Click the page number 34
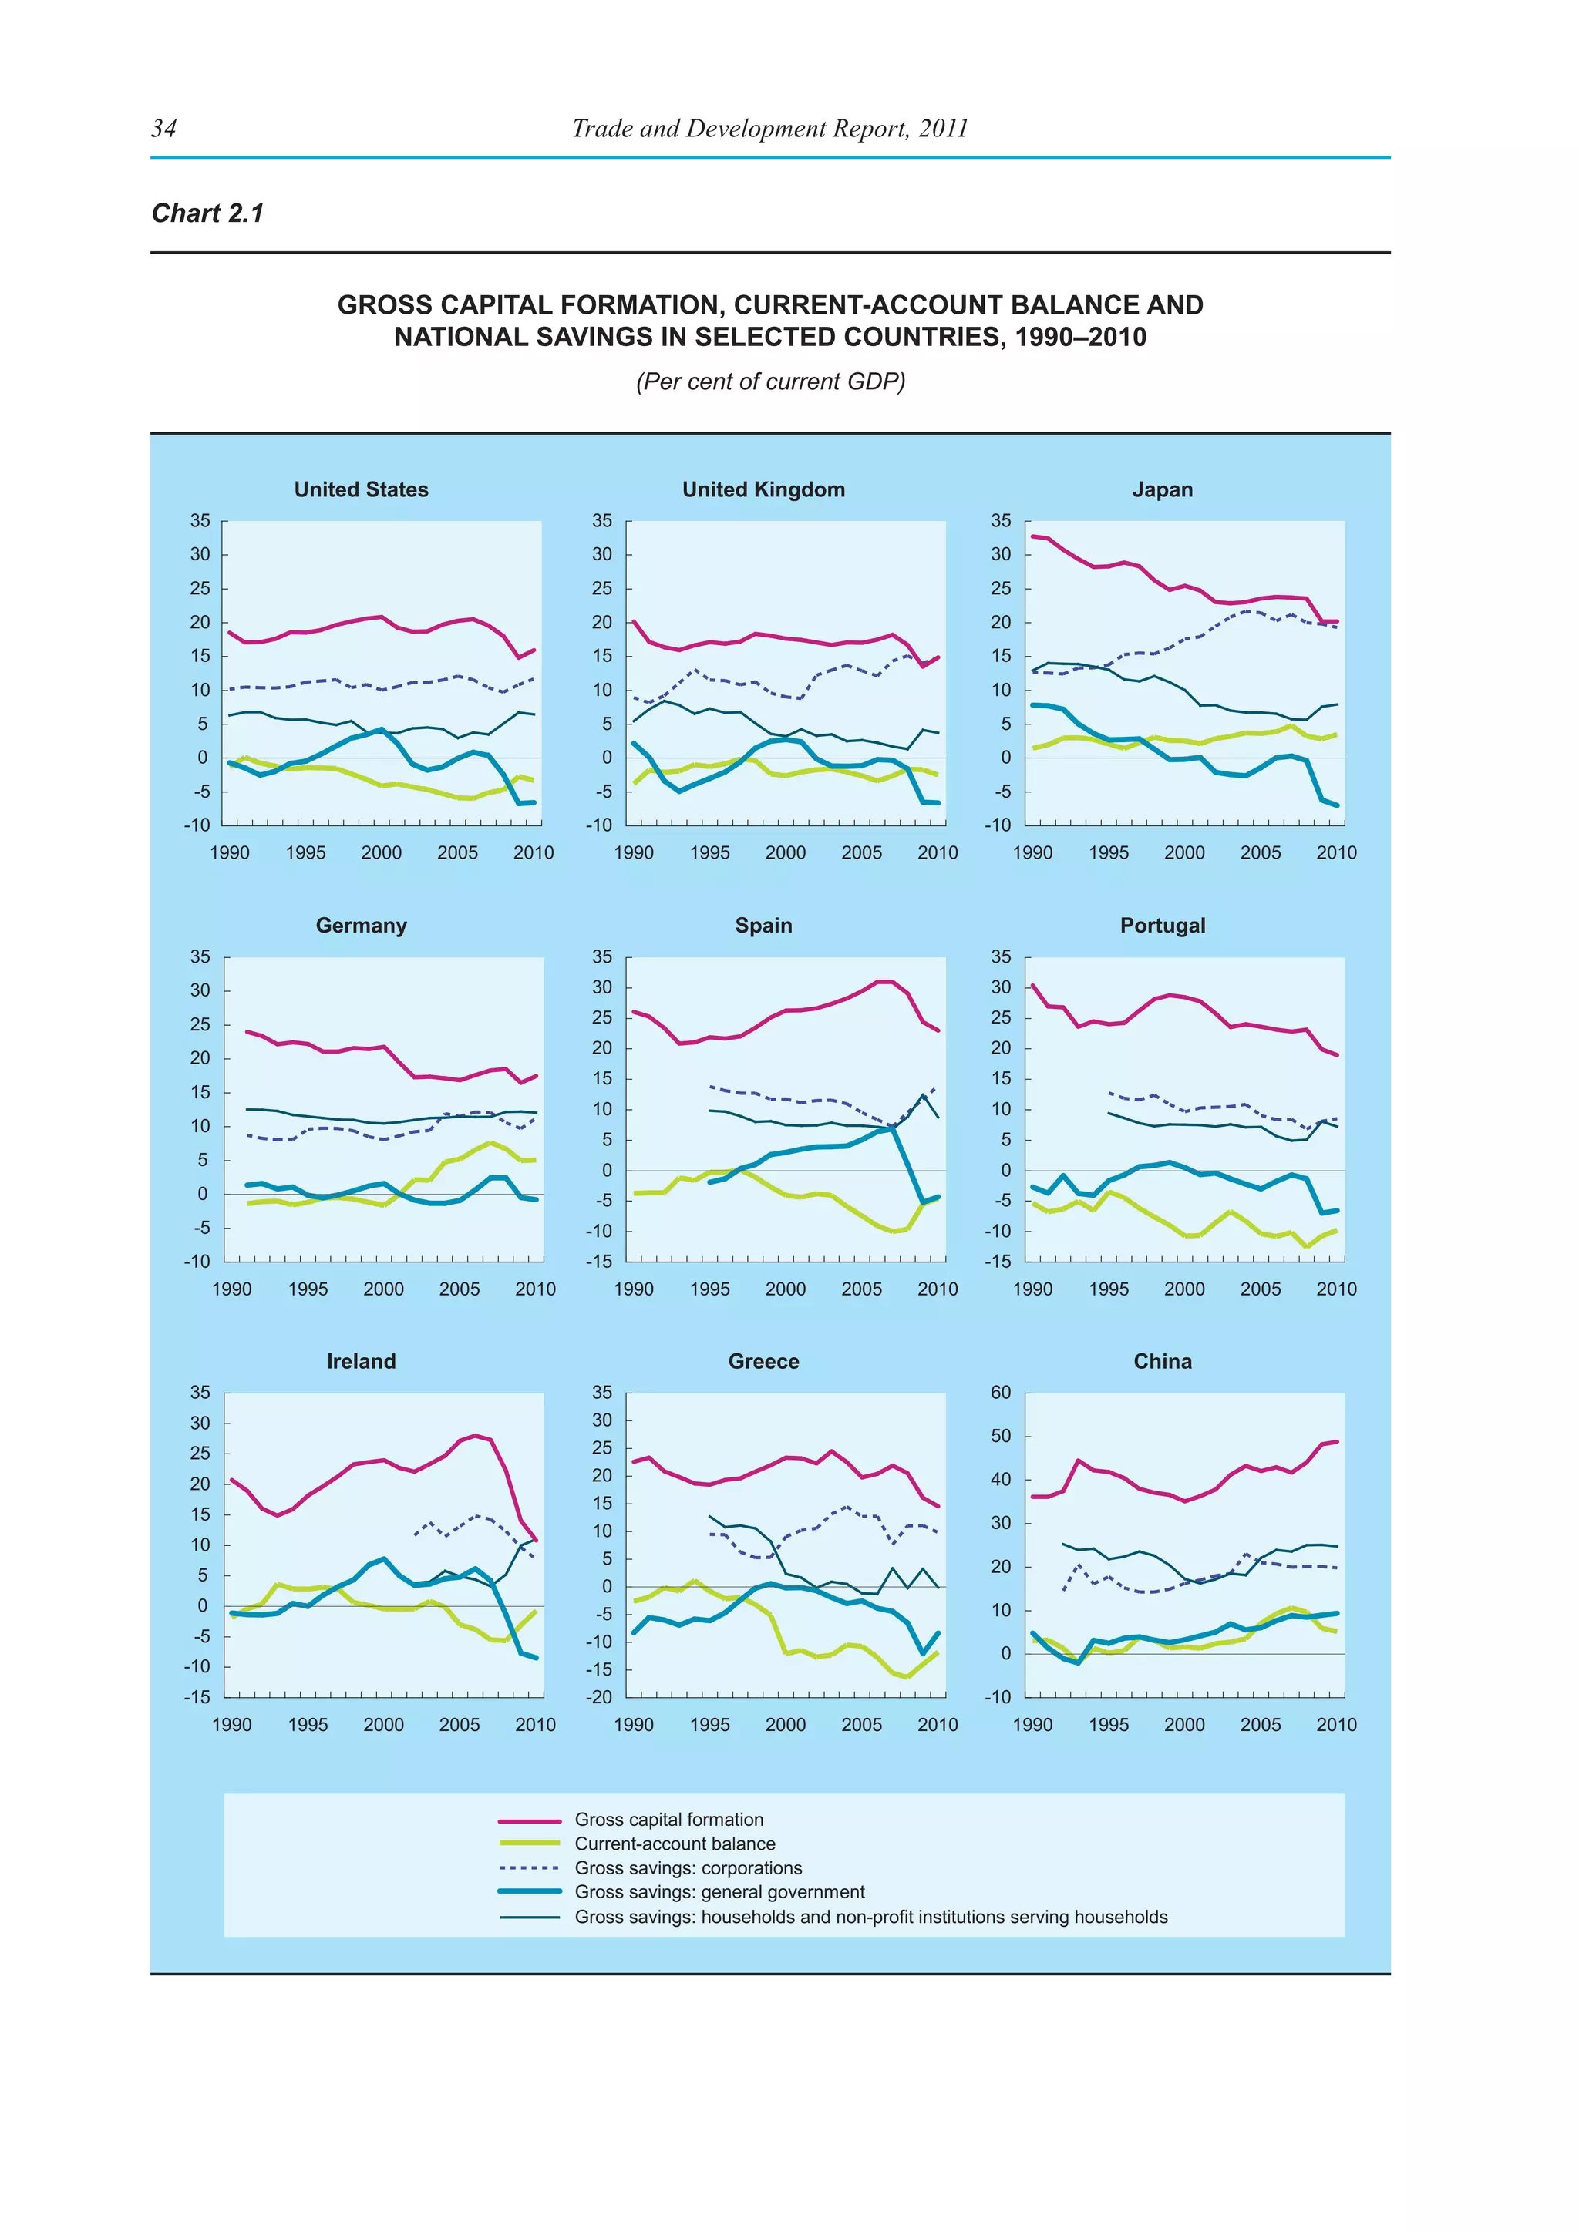(x=163, y=128)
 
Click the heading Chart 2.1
(x=207, y=213)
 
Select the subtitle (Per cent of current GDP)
(x=770, y=381)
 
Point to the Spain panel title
(x=763, y=925)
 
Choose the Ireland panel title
(x=361, y=1361)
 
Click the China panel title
(x=1162, y=1361)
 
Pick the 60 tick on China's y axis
(x=1001, y=1392)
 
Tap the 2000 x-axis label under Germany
(x=383, y=1289)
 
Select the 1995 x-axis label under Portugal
(x=1109, y=1289)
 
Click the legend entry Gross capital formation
(x=669, y=1819)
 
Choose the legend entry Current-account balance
(x=675, y=1843)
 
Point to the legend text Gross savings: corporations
(x=688, y=1867)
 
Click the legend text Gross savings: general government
(x=719, y=1892)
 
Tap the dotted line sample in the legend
(x=529, y=1867)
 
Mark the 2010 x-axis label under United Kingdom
(x=938, y=852)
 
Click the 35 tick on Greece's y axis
(x=602, y=1392)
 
